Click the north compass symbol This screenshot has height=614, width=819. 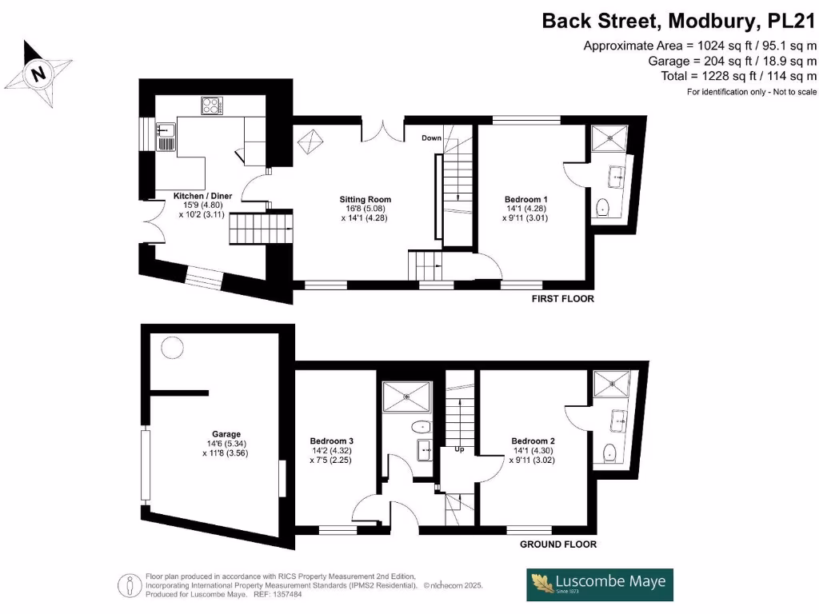pyautogui.click(x=37, y=73)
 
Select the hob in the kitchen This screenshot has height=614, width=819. pyautogui.click(x=212, y=105)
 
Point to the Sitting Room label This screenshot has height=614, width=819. pyautogui.click(x=365, y=200)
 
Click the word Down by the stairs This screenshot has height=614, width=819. pyautogui.click(x=432, y=138)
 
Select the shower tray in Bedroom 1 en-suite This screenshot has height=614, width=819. pyautogui.click(x=612, y=138)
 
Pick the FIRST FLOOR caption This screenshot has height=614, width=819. pyautogui.click(x=563, y=299)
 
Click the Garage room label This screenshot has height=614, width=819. pyautogui.click(x=226, y=435)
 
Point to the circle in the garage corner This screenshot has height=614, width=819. pyautogui.click(x=171, y=347)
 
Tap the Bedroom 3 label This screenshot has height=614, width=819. pyautogui.click(x=332, y=441)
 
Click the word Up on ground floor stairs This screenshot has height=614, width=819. pyautogui.click(x=459, y=450)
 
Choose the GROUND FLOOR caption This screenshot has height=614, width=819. pyautogui.click(x=557, y=544)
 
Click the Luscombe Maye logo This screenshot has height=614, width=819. pyautogui.click(x=599, y=584)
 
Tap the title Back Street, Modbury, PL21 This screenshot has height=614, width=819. pyautogui.click(x=679, y=21)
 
